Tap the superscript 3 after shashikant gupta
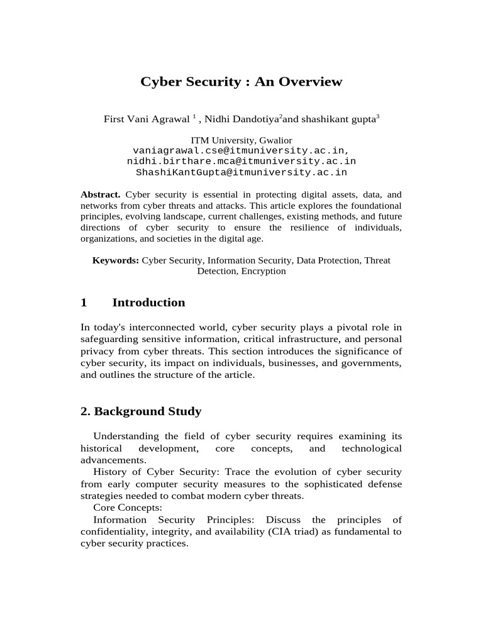pyautogui.click(x=377, y=117)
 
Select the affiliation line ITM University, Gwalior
pyautogui.click(x=241, y=140)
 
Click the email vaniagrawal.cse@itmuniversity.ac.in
pyautogui.click(x=241, y=151)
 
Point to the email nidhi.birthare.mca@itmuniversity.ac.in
pyautogui.click(x=241, y=162)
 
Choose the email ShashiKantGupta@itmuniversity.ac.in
pyautogui.click(x=241, y=172)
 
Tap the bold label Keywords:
pyautogui.click(x=116, y=260)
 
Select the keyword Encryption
pyautogui.click(x=264, y=271)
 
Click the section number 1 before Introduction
pyautogui.click(x=84, y=303)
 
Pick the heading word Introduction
pyautogui.click(x=148, y=303)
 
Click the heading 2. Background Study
pyautogui.click(x=141, y=411)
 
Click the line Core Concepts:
pyautogui.click(x=128, y=508)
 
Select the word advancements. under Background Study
pyautogui.click(x=111, y=460)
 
